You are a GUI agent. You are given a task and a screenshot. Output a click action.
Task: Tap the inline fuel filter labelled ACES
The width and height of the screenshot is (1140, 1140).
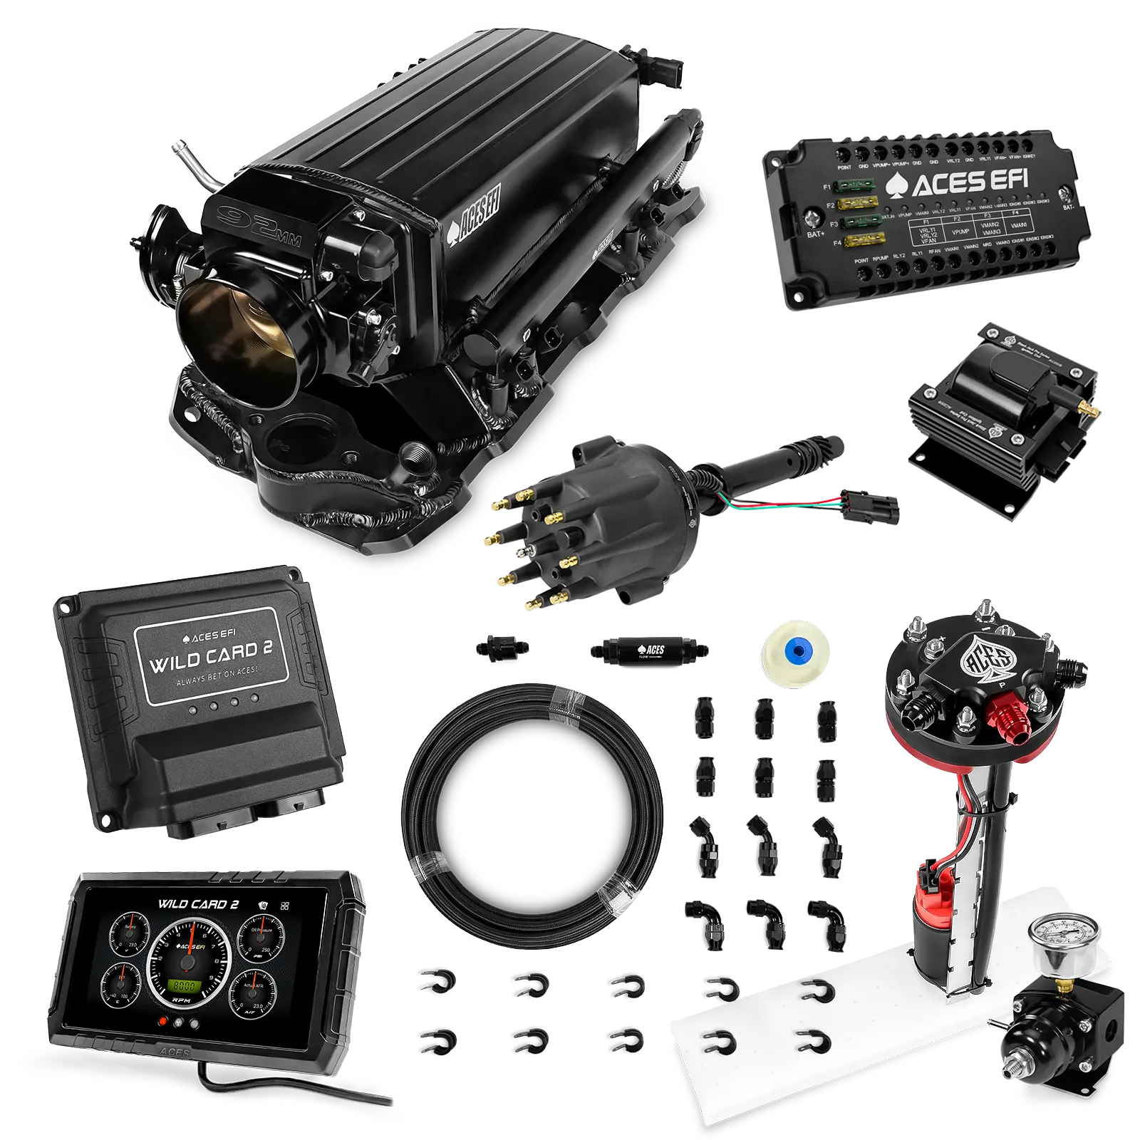tap(648, 649)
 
